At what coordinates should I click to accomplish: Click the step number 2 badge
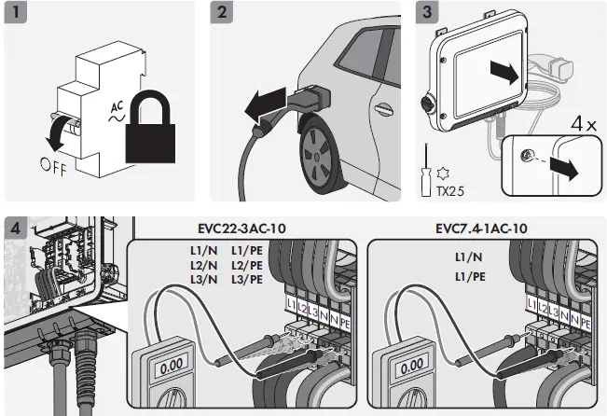click(221, 13)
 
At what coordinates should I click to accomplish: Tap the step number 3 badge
click(427, 13)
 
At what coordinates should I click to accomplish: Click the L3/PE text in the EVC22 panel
click(246, 279)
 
